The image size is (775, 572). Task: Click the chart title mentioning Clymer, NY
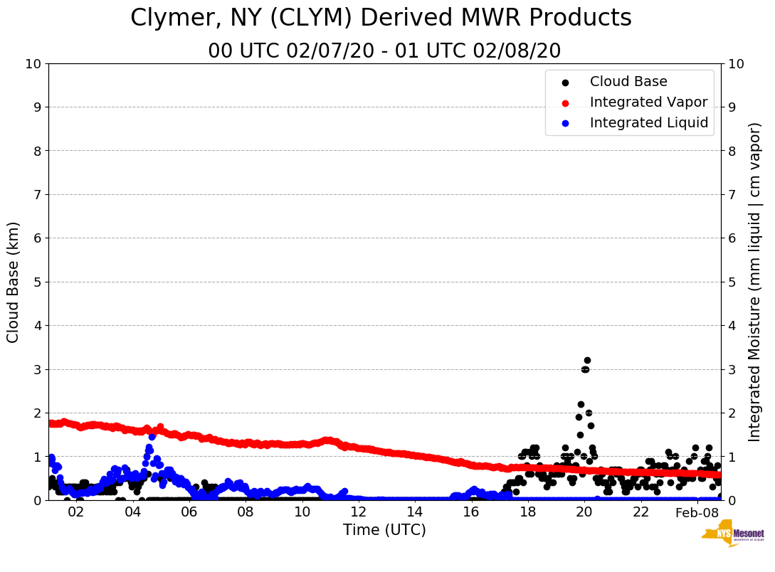381,18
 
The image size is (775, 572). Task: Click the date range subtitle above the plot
384,51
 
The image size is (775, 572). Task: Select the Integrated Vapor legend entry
648,102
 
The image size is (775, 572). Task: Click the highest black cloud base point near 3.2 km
587,361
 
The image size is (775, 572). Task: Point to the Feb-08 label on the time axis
697,513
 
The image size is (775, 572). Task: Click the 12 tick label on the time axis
359,512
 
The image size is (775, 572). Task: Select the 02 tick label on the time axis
76,512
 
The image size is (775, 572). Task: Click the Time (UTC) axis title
384,531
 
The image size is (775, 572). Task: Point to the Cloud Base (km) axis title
14,282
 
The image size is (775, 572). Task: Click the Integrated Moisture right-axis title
755,282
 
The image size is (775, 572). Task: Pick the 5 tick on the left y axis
38,282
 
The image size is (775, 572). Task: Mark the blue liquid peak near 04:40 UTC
152,437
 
